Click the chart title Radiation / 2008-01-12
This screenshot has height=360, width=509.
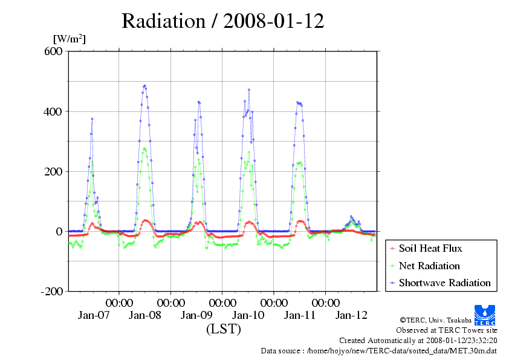pyautogui.click(x=222, y=21)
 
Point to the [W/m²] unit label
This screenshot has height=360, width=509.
pyautogui.click(x=70, y=39)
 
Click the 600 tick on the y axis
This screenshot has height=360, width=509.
pyautogui.click(x=53, y=51)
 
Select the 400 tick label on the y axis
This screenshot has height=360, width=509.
pyautogui.click(x=53, y=111)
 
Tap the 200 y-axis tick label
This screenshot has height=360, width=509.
pyautogui.click(x=53, y=171)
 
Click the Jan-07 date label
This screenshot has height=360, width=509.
pyautogui.click(x=93, y=315)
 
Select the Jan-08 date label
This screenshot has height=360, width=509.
pyautogui.click(x=145, y=315)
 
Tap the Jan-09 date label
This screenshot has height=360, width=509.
pyautogui.click(x=196, y=315)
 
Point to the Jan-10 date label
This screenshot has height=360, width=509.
pyautogui.click(x=248, y=315)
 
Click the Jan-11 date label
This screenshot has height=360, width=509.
pyautogui.click(x=300, y=315)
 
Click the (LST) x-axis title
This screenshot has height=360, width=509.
pyautogui.click(x=223, y=330)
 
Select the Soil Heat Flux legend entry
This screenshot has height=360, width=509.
pyautogui.click(x=430, y=249)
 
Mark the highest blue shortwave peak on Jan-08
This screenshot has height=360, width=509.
pyautogui.click(x=144, y=85)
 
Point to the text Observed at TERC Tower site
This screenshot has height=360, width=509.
pyautogui.click(x=447, y=330)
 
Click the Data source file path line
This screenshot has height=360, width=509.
pyautogui.click(x=379, y=350)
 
